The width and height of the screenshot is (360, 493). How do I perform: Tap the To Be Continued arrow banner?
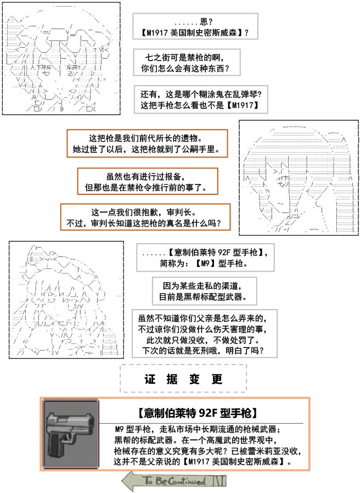click(174, 480)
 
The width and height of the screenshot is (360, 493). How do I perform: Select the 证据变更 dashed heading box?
click(183, 378)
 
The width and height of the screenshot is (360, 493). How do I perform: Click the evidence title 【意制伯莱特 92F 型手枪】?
click(198, 412)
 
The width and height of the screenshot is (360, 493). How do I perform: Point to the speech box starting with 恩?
click(195, 26)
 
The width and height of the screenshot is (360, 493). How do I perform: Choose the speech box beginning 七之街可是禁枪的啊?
click(187, 62)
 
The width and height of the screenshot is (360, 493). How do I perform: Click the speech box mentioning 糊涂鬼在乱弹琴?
click(201, 99)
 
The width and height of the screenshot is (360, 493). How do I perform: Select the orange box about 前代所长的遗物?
click(147, 143)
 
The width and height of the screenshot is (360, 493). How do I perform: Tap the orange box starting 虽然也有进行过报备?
click(148, 181)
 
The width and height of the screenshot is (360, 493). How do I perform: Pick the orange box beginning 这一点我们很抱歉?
click(145, 217)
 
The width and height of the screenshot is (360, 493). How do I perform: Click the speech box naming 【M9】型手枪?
click(205, 257)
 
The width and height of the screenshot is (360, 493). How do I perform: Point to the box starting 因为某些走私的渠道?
click(204, 291)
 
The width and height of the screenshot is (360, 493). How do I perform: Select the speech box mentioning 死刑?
click(204, 334)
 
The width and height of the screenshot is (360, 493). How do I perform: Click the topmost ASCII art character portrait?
click(61, 59)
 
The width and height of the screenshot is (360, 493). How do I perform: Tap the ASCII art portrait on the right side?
click(299, 177)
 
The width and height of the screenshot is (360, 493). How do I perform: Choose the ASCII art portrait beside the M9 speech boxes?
click(66, 300)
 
